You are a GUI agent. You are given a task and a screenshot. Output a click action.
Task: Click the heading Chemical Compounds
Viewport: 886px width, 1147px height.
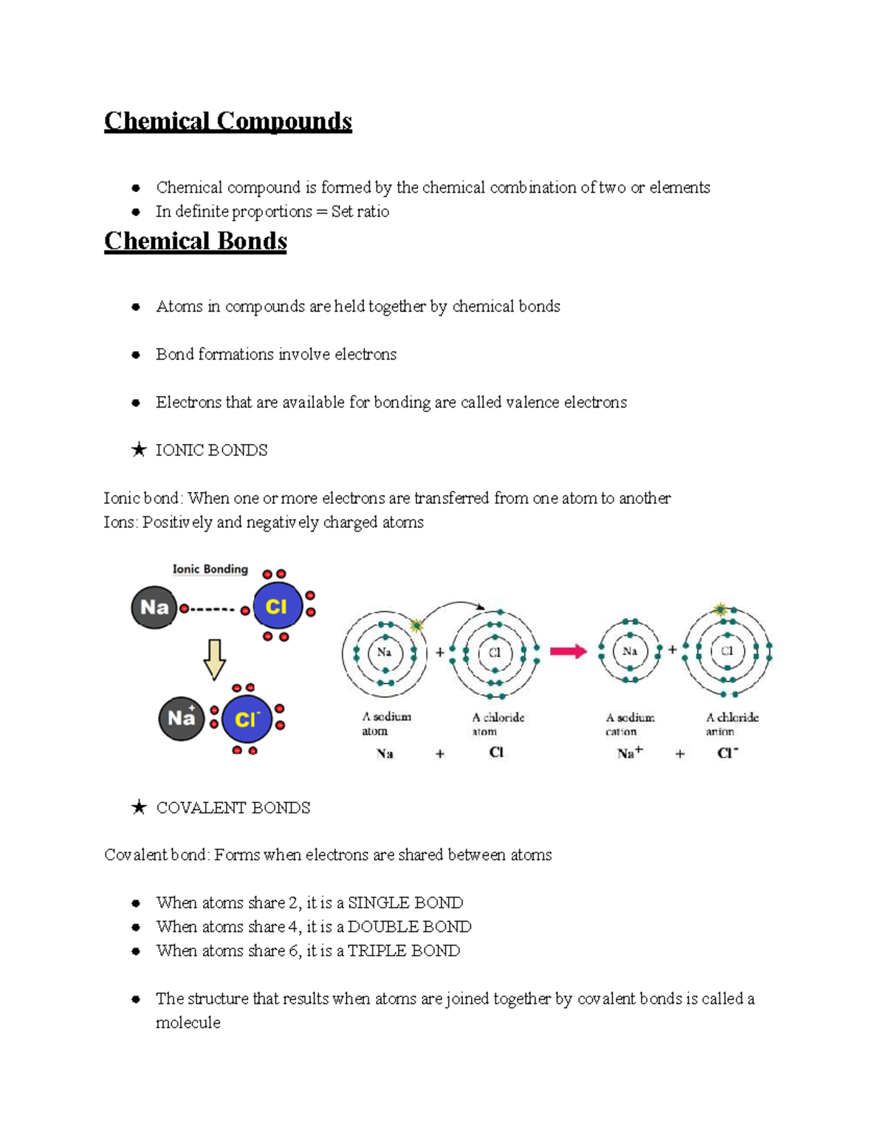227,121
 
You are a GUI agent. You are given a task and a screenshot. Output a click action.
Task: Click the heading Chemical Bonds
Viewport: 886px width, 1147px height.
195,242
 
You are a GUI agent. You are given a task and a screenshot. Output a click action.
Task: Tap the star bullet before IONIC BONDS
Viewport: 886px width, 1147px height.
138,450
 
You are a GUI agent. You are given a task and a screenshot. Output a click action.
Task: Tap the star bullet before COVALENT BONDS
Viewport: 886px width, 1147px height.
138,807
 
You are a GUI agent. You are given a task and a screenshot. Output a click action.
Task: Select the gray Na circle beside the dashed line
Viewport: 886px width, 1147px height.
154,607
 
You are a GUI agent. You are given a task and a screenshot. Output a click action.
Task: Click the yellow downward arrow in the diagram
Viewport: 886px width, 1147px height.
214,659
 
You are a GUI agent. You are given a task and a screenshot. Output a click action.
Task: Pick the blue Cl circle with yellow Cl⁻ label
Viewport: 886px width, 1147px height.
247,719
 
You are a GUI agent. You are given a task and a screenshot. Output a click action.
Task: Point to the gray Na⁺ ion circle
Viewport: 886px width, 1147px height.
181,718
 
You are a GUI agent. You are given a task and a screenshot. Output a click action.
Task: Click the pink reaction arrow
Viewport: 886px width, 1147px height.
568,651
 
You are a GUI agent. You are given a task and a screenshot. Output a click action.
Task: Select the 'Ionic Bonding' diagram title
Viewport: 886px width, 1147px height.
210,569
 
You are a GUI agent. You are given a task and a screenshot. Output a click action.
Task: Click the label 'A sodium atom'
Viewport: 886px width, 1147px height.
385,724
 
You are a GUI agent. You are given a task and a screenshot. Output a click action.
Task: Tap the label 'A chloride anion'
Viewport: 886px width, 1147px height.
731,724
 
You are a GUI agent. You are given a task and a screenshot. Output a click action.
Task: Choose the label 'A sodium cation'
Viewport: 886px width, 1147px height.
629,724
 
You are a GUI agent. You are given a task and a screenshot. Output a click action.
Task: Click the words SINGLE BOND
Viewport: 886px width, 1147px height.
405,903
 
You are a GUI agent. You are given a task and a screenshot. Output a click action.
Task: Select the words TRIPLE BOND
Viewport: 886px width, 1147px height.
404,951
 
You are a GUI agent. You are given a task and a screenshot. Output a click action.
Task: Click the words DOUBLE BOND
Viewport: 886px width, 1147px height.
409,927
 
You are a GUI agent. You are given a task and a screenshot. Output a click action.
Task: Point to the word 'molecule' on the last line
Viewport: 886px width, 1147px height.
188,1023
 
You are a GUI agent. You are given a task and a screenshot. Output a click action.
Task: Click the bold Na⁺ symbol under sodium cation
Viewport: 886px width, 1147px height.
630,753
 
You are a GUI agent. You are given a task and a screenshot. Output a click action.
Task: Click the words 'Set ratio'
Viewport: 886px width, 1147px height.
360,212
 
